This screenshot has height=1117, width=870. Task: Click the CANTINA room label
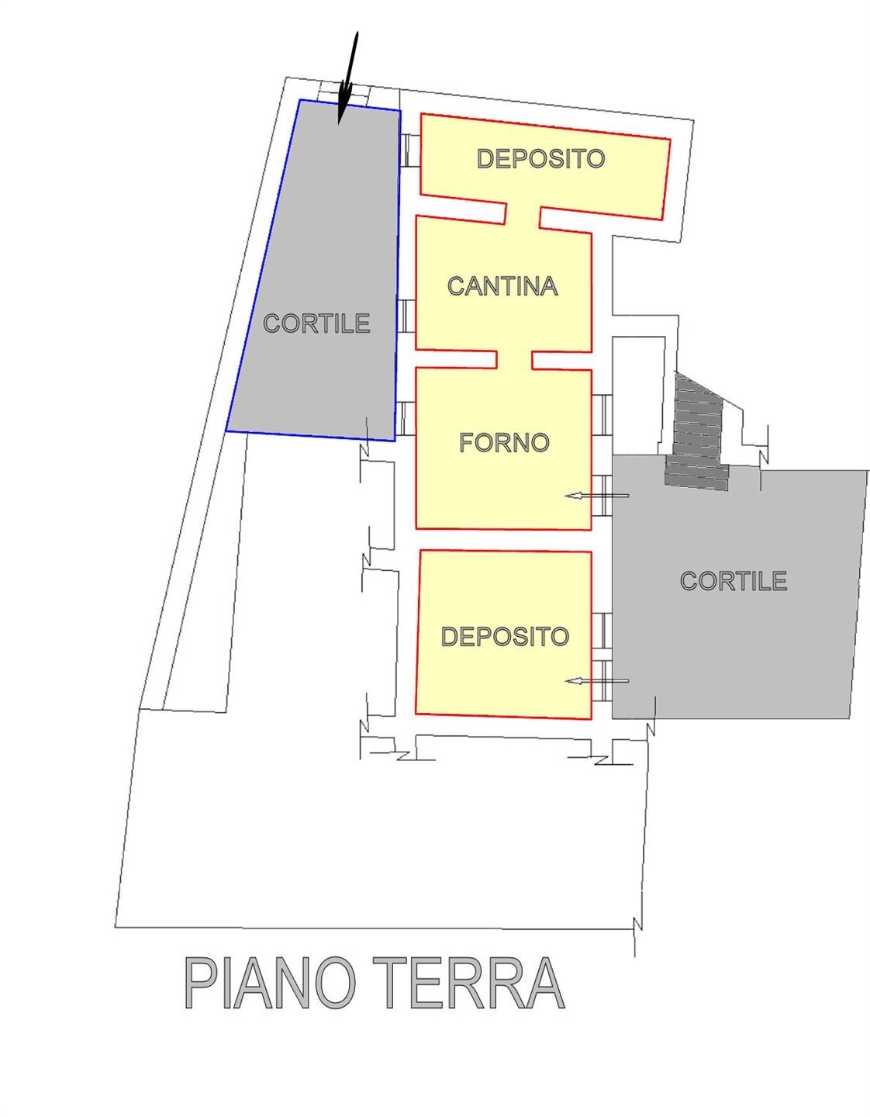502,285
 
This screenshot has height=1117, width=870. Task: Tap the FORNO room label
504,443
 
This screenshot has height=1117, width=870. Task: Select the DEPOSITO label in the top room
540,158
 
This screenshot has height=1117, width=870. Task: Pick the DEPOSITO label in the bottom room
505,636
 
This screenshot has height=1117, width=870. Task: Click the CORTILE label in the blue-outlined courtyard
316,323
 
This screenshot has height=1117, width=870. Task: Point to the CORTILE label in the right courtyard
734,581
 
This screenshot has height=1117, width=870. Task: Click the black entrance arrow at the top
348,78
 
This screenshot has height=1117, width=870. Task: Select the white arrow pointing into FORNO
596,496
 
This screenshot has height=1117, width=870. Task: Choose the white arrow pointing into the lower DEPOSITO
596,681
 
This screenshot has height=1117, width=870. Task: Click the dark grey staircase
696,432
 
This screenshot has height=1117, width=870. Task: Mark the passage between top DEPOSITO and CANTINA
523,215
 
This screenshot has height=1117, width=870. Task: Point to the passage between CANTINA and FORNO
514,360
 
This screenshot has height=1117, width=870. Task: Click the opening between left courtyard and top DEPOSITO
410,150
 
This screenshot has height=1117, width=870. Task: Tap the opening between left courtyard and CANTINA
406,316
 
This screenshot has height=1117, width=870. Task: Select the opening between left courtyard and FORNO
406,418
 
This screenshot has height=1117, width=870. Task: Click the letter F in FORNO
465,443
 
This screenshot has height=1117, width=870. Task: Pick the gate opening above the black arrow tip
344,93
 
